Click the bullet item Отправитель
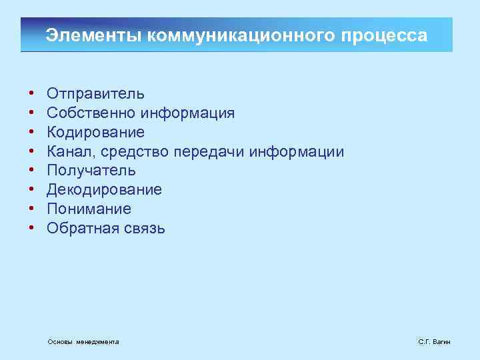coord(95,94)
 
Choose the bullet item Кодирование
coord(95,133)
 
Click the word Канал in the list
coord(71,152)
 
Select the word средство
coord(135,152)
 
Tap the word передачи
coord(209,152)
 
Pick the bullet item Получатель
coord(91,171)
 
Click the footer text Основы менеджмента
coord(83,342)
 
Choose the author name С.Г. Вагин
coord(434,342)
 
